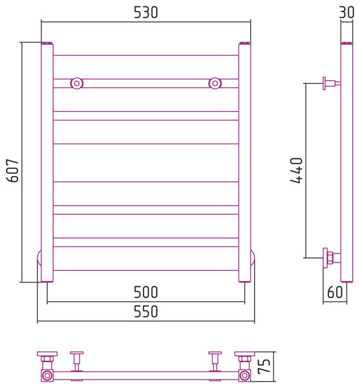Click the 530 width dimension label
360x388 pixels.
click(x=145, y=12)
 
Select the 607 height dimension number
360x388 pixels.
click(x=13, y=171)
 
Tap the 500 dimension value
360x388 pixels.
click(x=145, y=292)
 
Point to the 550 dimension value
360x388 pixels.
click(x=145, y=312)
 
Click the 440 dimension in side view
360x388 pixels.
click(x=296, y=170)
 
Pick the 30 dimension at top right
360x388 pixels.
click(x=346, y=12)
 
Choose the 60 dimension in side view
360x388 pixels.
click(x=335, y=292)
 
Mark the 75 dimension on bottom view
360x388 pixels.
click(x=264, y=366)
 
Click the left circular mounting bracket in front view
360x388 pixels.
click(x=77, y=83)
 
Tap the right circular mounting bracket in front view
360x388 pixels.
click(x=215, y=83)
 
